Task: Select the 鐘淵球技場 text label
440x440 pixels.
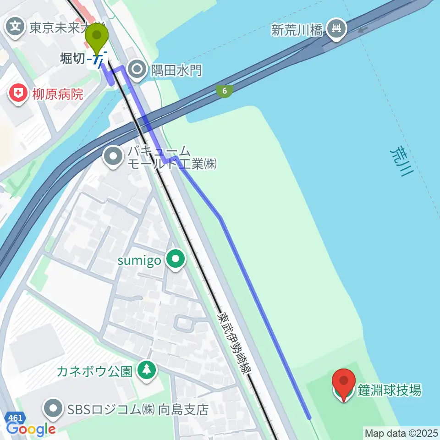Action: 390,390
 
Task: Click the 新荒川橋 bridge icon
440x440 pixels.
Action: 337,30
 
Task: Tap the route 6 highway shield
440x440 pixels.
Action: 224,91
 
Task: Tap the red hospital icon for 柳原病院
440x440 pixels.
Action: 18,95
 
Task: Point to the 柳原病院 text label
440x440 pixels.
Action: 57,95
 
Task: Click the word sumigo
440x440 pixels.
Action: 139,261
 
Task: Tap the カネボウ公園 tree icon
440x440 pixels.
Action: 146,370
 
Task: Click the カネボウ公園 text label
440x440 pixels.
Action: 94,371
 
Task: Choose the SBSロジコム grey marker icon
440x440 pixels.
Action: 54,409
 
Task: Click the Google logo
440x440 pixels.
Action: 31,429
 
